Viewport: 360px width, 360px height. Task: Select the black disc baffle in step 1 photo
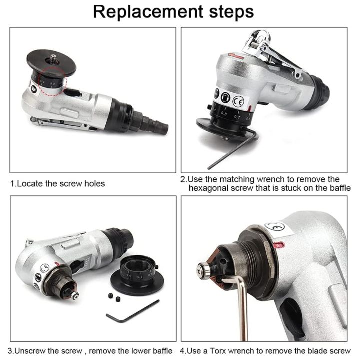point(50,62)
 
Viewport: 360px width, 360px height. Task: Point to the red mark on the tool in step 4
point(279,245)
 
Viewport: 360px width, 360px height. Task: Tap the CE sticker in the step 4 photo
point(274,227)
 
